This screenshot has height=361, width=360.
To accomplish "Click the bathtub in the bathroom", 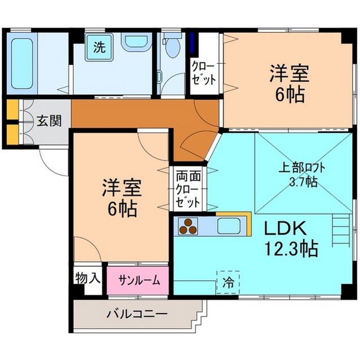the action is [22, 63].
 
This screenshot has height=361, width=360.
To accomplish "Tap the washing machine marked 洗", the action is [99, 47].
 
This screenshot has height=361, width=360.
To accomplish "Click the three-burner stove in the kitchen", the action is [188, 226].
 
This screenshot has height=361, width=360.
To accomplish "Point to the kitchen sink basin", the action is [229, 226].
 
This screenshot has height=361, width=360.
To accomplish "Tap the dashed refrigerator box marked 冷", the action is [228, 283].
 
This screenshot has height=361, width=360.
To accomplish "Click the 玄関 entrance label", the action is [49, 121].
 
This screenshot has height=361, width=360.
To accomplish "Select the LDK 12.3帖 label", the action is [291, 239].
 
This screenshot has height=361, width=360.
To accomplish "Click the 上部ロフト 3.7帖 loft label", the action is [302, 175].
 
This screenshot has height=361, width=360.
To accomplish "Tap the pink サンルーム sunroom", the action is [137, 280].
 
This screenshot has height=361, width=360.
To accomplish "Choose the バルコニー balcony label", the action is [136, 314].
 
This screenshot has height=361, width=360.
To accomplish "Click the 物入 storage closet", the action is [88, 279].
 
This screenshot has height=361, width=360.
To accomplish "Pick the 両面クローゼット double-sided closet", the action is [188, 188].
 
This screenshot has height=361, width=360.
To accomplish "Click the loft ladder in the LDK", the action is [341, 230].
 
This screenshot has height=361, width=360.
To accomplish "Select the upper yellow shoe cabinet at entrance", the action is [12, 109].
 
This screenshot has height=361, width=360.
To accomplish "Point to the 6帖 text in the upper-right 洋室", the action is [290, 94].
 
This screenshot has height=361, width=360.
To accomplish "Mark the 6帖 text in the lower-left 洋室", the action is [122, 209].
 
